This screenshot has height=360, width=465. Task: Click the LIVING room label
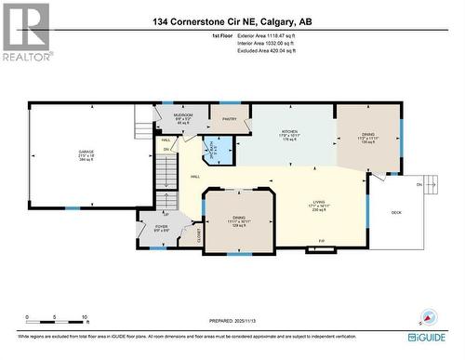(x=319, y=207)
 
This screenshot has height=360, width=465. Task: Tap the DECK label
(x=395, y=213)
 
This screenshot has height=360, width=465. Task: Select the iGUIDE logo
(x=432, y=339)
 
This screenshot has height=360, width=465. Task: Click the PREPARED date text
(x=232, y=321)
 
